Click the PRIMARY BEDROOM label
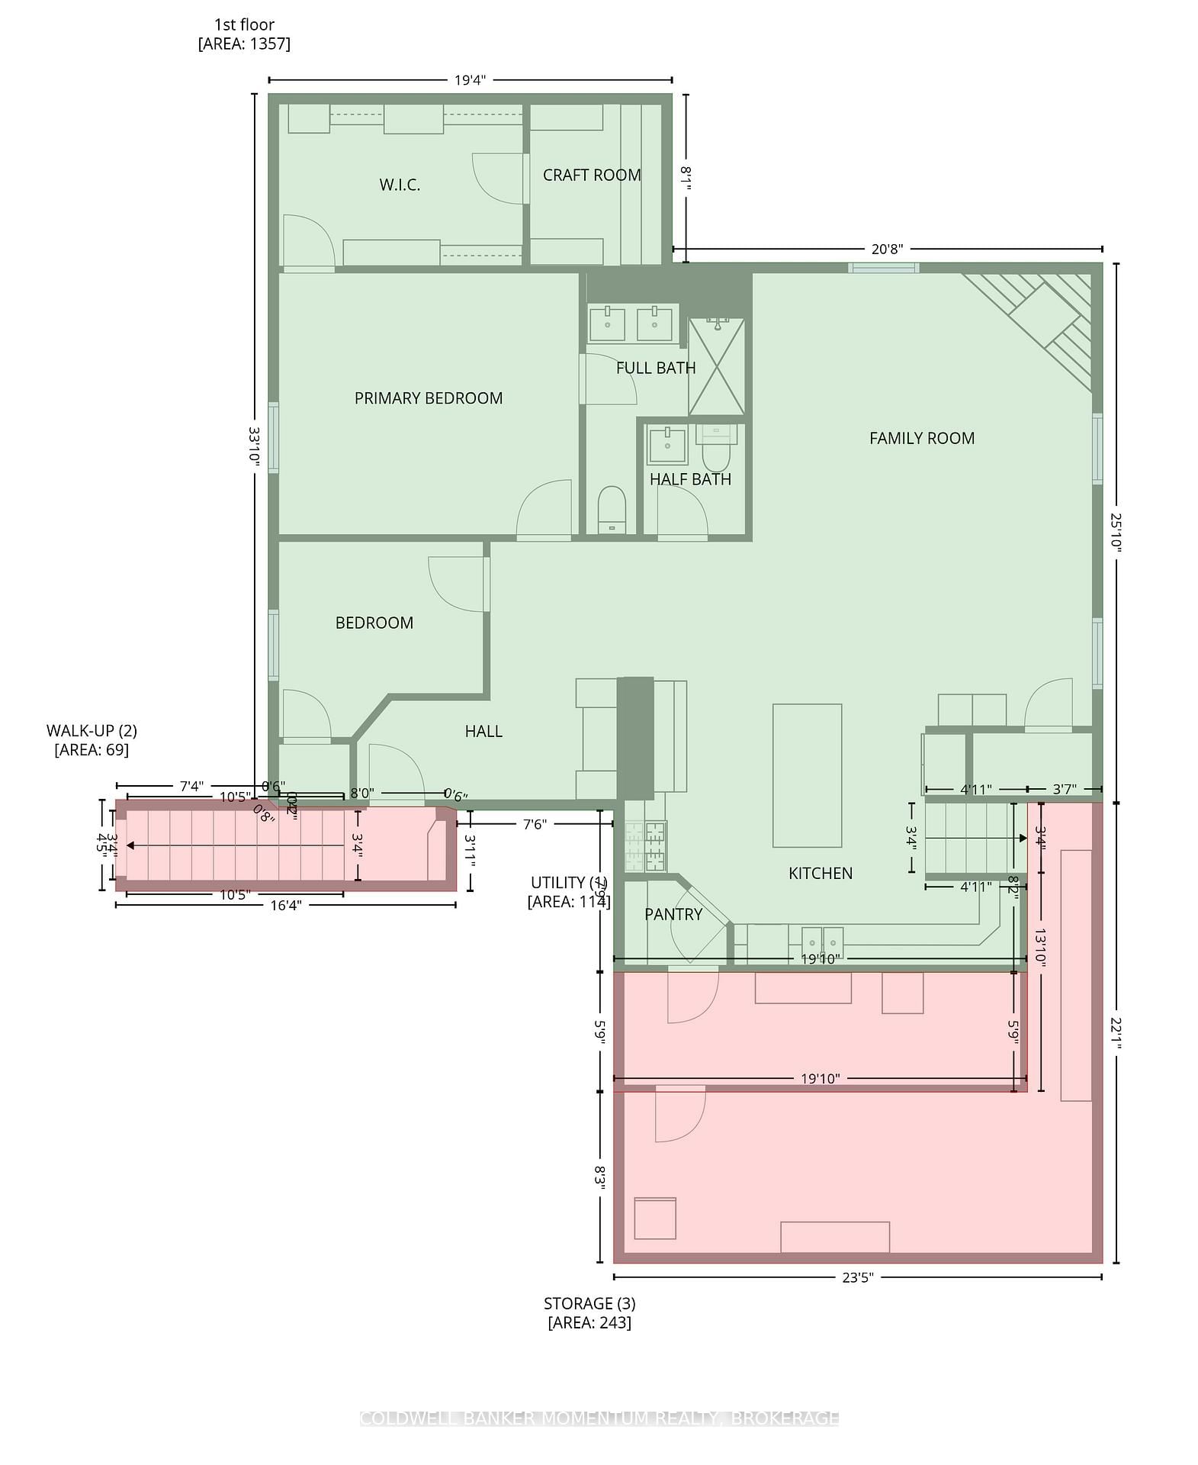pyautogui.click(x=428, y=398)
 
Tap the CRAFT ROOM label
pyautogui.click(x=592, y=175)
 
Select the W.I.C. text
pyautogui.click(x=400, y=185)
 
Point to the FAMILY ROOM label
pyautogui.click(x=921, y=438)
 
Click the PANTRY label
pyautogui.click(x=673, y=914)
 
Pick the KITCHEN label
pyautogui.click(x=820, y=873)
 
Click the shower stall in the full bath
pyautogui.click(x=716, y=367)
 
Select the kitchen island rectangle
pyautogui.click(x=807, y=775)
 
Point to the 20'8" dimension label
pyautogui.click(x=886, y=250)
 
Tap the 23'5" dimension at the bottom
pyautogui.click(x=856, y=1278)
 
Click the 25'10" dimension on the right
pyautogui.click(x=1116, y=532)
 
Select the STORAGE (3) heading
pyautogui.click(x=589, y=1303)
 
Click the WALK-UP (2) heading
pyautogui.click(x=92, y=731)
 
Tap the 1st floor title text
pyautogui.click(x=244, y=24)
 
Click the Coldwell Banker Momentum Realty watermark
pyautogui.click(x=599, y=1418)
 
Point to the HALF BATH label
pyautogui.click(x=690, y=479)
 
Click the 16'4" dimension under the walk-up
pyautogui.click(x=286, y=905)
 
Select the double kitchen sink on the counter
pyautogui.click(x=822, y=937)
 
